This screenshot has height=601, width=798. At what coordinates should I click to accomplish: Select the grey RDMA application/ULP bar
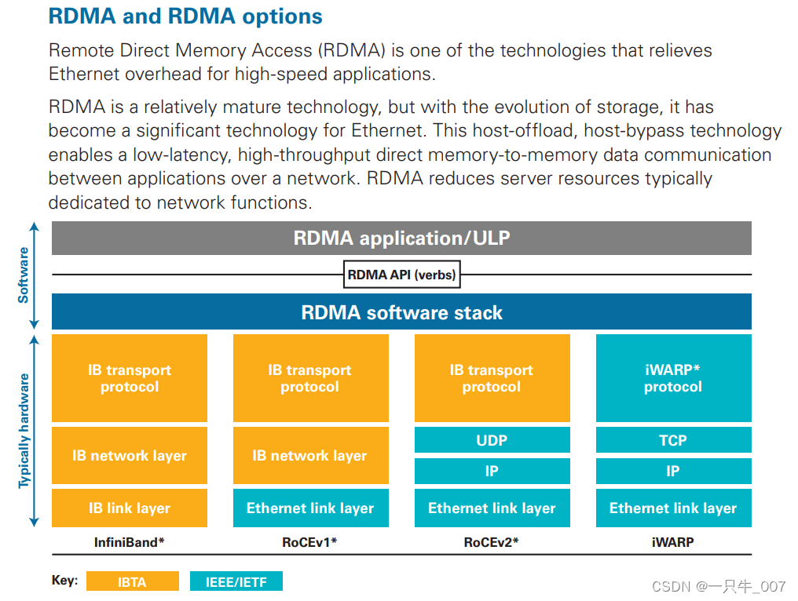401,238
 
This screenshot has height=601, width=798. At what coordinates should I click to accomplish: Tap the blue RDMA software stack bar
401,312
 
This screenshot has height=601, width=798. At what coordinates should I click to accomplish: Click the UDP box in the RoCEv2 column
492,440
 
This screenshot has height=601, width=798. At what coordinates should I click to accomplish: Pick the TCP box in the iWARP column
673,440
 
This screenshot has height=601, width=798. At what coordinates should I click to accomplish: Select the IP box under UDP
492,472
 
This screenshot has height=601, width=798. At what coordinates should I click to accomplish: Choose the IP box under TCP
673,472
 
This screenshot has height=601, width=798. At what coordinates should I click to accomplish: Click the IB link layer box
130,508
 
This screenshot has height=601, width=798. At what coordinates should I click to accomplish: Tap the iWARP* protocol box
673,378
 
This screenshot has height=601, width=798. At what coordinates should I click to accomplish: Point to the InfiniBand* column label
130,541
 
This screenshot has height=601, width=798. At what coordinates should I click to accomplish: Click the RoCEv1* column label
311,541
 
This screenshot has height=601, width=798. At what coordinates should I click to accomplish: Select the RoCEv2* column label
492,541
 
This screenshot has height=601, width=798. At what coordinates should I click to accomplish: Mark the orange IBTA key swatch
133,581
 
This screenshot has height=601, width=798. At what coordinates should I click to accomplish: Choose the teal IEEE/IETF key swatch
236,581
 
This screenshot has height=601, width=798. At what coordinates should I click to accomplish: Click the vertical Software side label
24,275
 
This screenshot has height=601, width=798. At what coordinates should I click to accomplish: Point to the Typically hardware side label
24,431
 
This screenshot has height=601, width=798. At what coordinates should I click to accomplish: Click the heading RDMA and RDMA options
185,16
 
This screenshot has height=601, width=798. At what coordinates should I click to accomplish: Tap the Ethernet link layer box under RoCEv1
311,508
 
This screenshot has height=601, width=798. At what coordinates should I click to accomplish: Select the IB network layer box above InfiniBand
130,455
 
